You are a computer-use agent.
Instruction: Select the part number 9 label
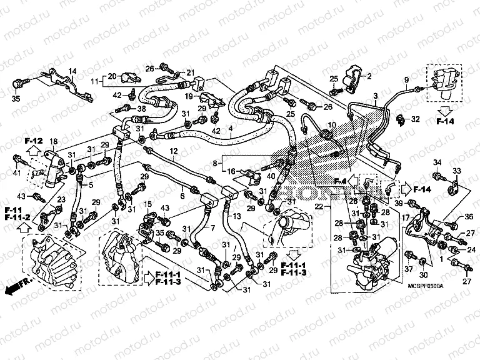[x=406, y=79]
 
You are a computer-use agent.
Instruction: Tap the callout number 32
[x=416, y=118]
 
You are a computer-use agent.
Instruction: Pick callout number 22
[x=319, y=206]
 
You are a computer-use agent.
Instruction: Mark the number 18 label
[x=53, y=141]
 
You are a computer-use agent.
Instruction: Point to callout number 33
[x=456, y=171]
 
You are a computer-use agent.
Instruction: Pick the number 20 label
[x=111, y=76]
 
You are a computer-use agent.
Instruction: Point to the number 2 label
[x=369, y=76]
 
